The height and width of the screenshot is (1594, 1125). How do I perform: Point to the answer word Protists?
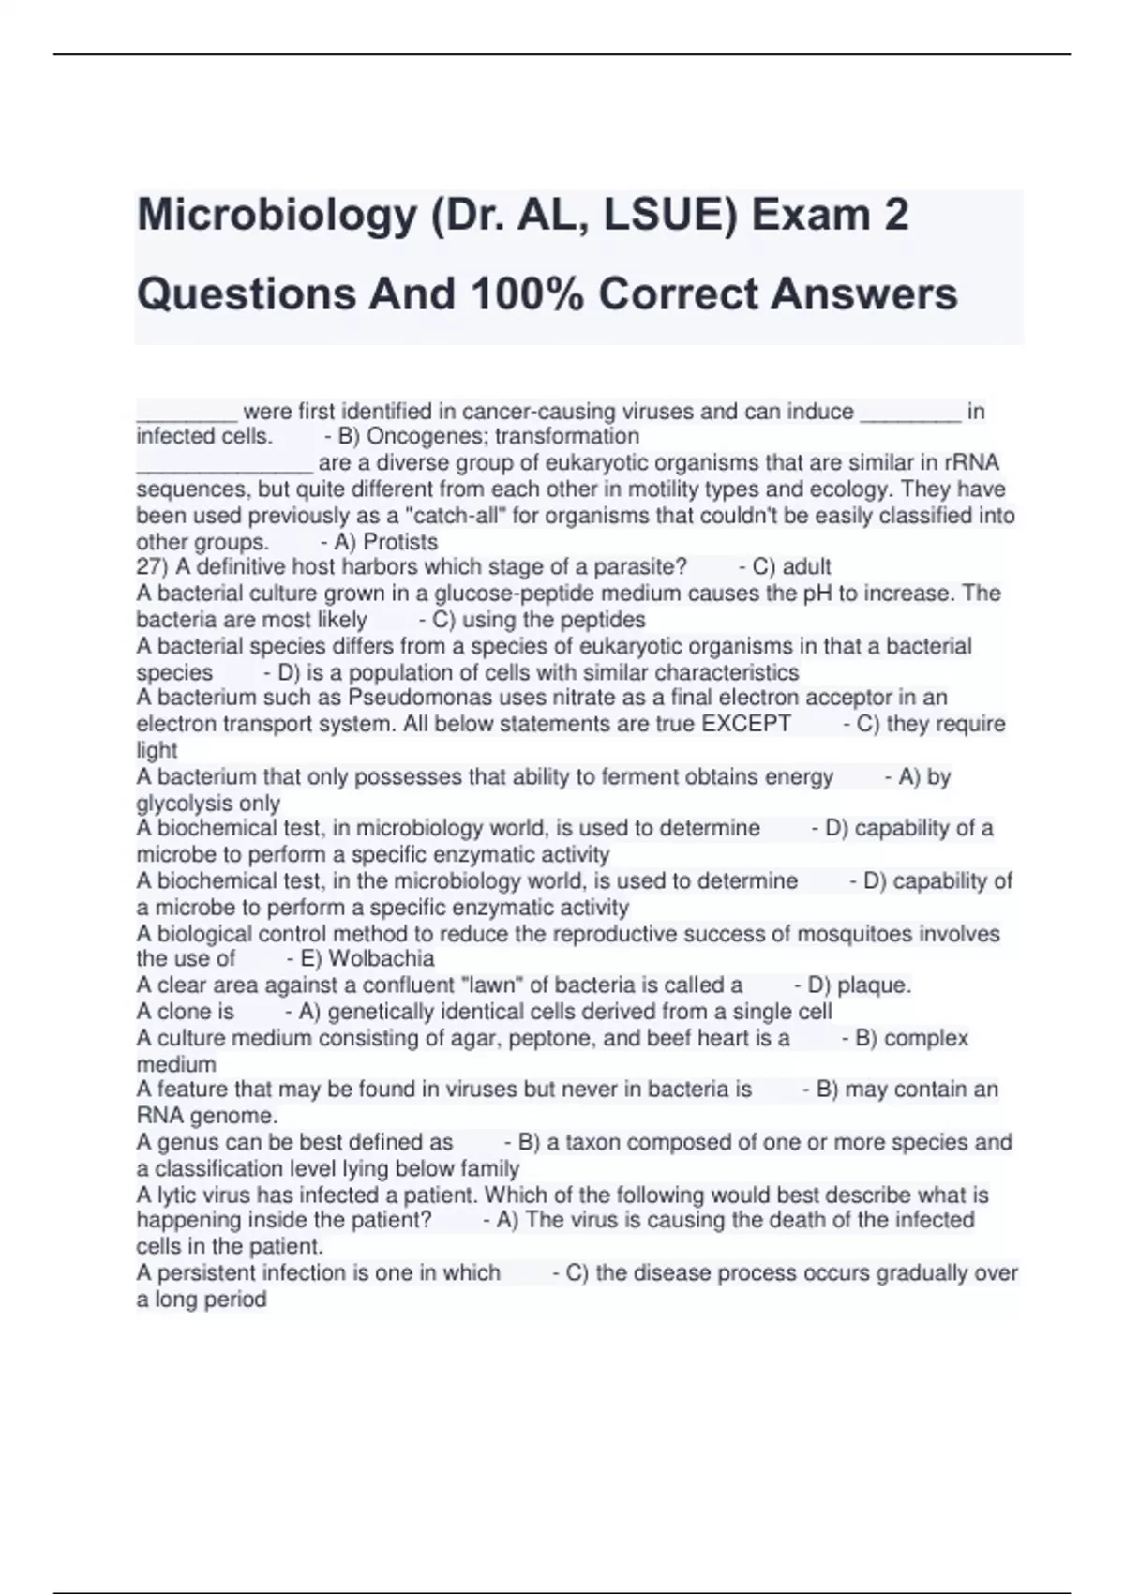point(400,542)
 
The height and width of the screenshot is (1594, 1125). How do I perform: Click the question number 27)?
point(153,567)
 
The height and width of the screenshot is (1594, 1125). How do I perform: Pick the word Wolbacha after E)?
point(382,959)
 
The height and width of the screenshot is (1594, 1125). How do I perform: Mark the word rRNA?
point(974,462)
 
